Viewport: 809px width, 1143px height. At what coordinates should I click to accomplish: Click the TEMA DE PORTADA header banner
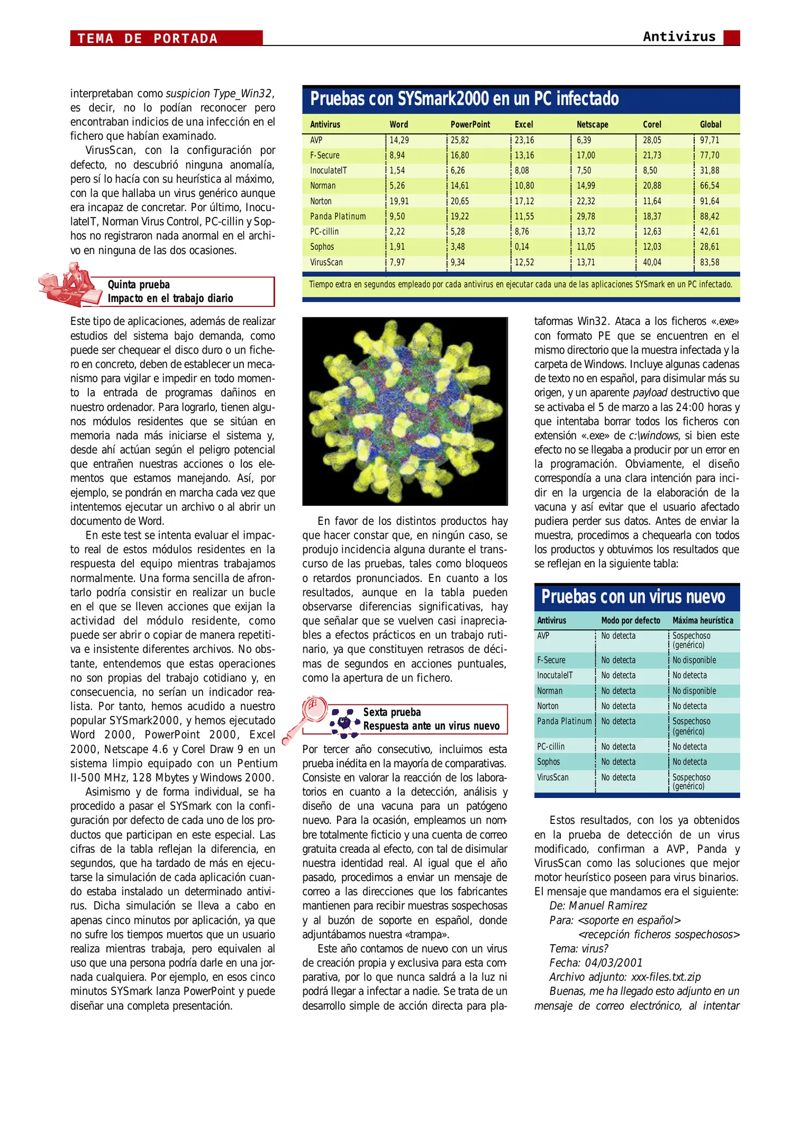click(x=166, y=38)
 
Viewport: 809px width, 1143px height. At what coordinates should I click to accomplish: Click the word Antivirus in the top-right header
click(x=679, y=37)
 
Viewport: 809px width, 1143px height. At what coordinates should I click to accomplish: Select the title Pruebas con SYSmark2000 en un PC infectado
click(x=464, y=99)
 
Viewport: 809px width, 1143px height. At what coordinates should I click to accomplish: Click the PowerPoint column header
click(x=470, y=124)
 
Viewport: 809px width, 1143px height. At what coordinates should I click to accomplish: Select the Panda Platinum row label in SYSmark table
click(x=338, y=216)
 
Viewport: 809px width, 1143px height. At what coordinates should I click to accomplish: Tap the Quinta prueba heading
click(x=139, y=285)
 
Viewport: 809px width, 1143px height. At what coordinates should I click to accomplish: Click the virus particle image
click(x=405, y=411)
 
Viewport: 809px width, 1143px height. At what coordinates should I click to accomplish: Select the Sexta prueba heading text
click(x=392, y=712)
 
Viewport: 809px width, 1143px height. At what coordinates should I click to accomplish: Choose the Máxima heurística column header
click(x=702, y=620)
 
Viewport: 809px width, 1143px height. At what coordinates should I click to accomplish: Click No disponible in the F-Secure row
click(x=694, y=660)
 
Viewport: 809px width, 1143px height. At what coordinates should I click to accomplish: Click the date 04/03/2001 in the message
click(x=613, y=963)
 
